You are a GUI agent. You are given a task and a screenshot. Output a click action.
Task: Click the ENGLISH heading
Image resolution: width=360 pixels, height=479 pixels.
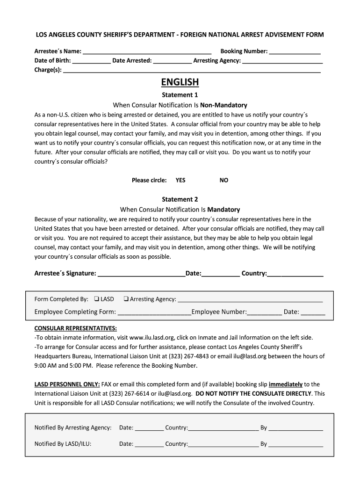pos(180,82)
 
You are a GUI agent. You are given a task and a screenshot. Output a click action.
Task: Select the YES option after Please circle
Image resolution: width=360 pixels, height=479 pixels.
pos(180,180)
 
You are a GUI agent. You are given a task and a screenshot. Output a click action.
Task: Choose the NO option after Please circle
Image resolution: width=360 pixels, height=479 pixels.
pos(224,180)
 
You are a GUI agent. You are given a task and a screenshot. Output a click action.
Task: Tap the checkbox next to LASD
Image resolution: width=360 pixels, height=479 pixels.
pos(96,299)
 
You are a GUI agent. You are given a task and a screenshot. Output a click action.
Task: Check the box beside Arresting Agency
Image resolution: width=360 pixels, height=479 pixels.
pos(126,299)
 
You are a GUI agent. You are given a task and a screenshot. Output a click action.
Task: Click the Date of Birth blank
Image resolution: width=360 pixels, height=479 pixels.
pos(92,61)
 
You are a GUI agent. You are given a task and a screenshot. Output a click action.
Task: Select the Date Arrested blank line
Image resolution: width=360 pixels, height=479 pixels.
pos(172,61)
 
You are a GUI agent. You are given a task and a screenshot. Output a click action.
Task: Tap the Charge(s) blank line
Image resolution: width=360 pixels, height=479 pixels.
pos(192,71)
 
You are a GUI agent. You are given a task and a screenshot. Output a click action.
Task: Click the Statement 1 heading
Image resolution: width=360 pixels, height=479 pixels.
pos(180,95)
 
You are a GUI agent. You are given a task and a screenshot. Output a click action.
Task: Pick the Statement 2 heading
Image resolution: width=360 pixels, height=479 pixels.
pos(180,199)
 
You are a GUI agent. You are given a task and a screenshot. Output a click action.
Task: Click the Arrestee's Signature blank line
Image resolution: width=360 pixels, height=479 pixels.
pos(141,274)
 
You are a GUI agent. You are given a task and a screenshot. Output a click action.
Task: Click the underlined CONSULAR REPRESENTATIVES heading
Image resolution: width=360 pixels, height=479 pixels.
pos(76,328)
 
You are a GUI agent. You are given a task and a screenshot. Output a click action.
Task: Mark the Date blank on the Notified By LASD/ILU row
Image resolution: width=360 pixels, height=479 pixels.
pos(149,445)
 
